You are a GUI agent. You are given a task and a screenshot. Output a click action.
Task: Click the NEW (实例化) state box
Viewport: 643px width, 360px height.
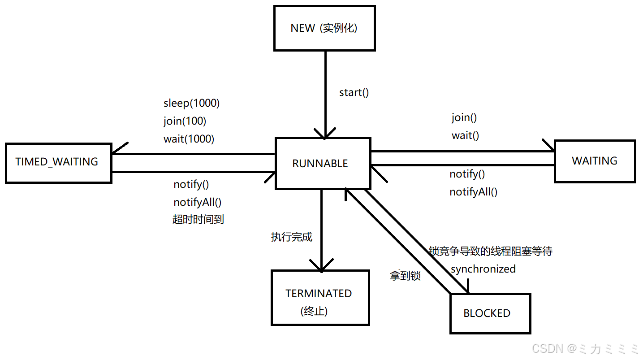pyautogui.click(x=324, y=28)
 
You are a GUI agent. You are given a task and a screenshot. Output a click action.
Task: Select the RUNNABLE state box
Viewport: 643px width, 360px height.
pyautogui.click(x=323, y=163)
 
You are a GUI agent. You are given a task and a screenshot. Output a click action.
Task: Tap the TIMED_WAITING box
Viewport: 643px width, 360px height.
pyautogui.click(x=58, y=162)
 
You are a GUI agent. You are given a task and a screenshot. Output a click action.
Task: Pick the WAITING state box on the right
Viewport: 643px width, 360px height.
pyautogui.click(x=595, y=161)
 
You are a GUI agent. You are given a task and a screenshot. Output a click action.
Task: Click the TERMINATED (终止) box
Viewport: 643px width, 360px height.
pyautogui.click(x=319, y=298)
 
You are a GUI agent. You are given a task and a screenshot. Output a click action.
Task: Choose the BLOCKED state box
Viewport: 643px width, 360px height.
pyautogui.click(x=490, y=313)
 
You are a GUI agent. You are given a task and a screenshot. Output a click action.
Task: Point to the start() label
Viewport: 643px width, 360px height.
pyautogui.click(x=354, y=93)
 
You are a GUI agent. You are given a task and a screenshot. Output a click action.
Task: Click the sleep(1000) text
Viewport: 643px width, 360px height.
pyautogui.click(x=192, y=104)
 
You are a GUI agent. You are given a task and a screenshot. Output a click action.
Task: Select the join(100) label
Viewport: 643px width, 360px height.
pyautogui.click(x=185, y=121)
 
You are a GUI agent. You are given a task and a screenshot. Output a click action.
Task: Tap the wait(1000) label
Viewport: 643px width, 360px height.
pyautogui.click(x=189, y=139)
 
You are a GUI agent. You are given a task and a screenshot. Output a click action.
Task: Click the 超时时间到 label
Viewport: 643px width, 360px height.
pyautogui.click(x=198, y=219)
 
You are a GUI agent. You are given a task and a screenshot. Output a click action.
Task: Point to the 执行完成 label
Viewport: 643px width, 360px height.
pyautogui.click(x=291, y=237)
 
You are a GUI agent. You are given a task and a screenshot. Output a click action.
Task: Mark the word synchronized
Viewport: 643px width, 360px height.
pyautogui.click(x=483, y=269)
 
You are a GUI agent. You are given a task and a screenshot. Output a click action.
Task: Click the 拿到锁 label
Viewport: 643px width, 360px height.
pyautogui.click(x=405, y=276)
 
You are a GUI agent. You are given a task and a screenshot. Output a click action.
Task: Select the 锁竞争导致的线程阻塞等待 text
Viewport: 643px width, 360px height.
pyautogui.click(x=491, y=251)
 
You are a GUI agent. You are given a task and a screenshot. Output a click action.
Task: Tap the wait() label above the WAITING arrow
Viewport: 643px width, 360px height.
pyautogui.click(x=465, y=135)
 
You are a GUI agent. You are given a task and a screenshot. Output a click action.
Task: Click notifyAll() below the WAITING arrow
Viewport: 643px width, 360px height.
pyautogui.click(x=473, y=192)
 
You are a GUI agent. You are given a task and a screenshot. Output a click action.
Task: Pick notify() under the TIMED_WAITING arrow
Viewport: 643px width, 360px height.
pyautogui.click(x=191, y=184)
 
